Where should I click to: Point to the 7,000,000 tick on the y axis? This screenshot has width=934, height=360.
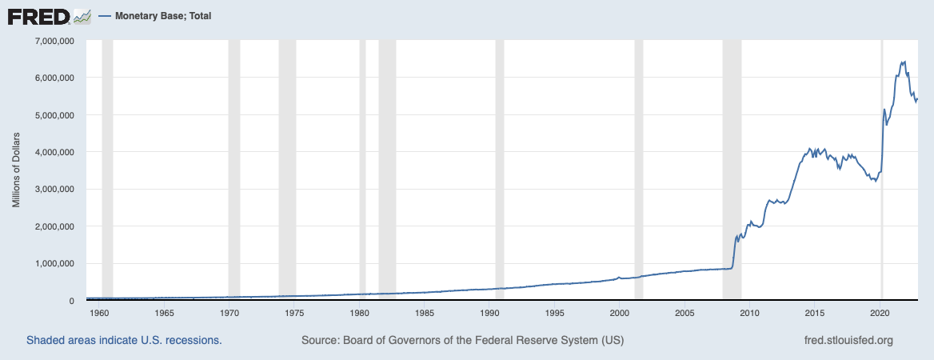(52, 41)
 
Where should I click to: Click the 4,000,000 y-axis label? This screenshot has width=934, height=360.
(52, 152)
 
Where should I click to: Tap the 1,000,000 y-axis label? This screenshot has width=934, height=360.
(52, 263)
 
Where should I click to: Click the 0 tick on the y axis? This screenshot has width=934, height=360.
(71, 301)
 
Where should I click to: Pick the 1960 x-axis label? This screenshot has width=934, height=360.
(99, 314)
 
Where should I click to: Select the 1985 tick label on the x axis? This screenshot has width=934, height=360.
(425, 314)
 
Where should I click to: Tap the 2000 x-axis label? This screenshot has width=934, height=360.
(620, 314)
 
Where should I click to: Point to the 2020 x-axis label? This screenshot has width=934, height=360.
(880, 314)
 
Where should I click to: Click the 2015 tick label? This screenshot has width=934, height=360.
(815, 314)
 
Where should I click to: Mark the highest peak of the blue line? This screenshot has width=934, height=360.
(904, 62)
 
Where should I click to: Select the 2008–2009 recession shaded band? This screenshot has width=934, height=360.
(732, 160)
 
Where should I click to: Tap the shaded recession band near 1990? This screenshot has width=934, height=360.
(500, 160)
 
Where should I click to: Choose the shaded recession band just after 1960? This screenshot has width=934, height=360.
(107, 160)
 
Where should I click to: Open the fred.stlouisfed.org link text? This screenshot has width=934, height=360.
(848, 340)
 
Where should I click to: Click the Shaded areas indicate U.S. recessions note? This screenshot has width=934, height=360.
(124, 340)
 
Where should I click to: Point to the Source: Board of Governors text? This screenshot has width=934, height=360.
(462, 340)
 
